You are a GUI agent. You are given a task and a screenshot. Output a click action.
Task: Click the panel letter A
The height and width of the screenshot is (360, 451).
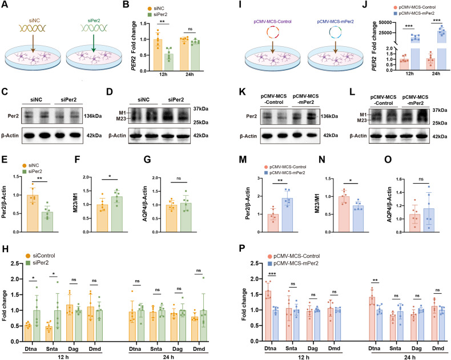pos(5,5)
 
